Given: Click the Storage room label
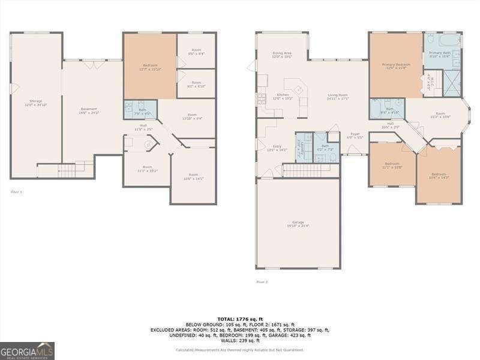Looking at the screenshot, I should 36,103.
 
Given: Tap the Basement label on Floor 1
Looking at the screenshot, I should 89,110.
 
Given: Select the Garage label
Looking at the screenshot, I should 298,224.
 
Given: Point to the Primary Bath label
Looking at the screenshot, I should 443,55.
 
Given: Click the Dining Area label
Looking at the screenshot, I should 282,55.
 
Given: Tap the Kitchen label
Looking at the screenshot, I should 282,96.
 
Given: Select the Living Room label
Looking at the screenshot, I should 338,96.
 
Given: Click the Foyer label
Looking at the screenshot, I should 355,135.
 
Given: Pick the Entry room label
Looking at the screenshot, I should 277,148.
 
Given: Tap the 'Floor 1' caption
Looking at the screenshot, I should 16,191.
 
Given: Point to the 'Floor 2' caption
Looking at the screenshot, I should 262,281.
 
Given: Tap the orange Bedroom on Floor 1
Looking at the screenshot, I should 149,66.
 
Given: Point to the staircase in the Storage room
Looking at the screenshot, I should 66,170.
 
